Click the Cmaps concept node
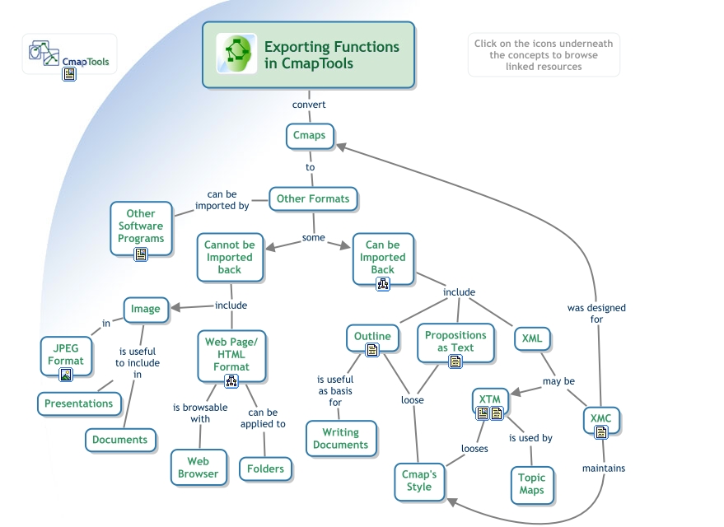[310, 136]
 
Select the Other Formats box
[313, 198]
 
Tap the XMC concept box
[600, 419]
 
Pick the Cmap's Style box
[419, 481]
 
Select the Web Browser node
[199, 468]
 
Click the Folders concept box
[265, 469]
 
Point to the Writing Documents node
[340, 439]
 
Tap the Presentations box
[79, 403]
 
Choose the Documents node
[119, 440]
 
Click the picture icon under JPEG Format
[66, 375]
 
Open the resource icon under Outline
[372, 350]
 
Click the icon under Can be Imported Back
[383, 284]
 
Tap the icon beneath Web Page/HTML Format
[231, 381]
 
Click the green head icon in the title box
[236, 54]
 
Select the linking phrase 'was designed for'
[596, 313]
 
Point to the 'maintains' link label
[603, 469]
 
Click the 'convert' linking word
[309, 105]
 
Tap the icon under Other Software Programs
[141, 254]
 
